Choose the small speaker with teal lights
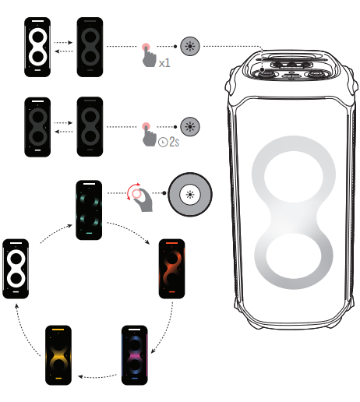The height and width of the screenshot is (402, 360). pos(88,210)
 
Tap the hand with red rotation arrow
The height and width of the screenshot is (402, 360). pos(140,196)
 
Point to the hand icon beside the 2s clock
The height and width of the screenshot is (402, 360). pos(146,135)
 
